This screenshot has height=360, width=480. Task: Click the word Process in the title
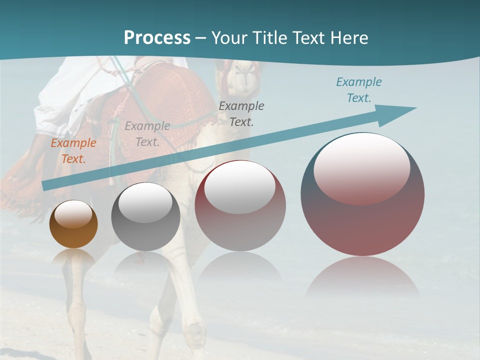coord(157,38)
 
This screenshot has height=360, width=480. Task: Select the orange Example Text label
coord(73,151)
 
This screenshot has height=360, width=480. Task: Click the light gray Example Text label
coord(147,134)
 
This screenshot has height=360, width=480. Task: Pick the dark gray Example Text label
coord(241,113)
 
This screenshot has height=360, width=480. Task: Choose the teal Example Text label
coord(359,90)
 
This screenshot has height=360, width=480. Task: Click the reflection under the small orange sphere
coord(73,257)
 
